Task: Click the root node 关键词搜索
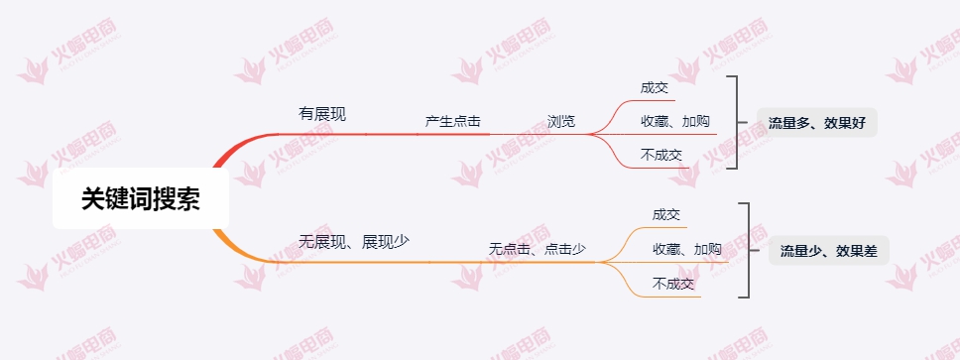pyautogui.click(x=141, y=198)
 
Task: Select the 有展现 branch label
pyautogui.click(x=322, y=114)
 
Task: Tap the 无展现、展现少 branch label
pyautogui.click(x=354, y=241)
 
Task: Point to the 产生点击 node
pyautogui.click(x=452, y=121)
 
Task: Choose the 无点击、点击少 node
pyautogui.click(x=537, y=249)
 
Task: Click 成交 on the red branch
pyautogui.click(x=655, y=87)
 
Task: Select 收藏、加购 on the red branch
pyautogui.click(x=674, y=121)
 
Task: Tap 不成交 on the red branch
pyautogui.click(x=661, y=154)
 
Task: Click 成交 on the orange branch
pyautogui.click(x=666, y=214)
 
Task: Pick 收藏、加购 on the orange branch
pyautogui.click(x=686, y=249)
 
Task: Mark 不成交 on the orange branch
pyautogui.click(x=673, y=283)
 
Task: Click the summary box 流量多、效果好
pyautogui.click(x=816, y=123)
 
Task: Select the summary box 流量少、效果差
pyautogui.click(x=828, y=251)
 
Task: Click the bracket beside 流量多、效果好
pyautogui.click(x=735, y=121)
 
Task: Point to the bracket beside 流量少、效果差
pyautogui.click(x=746, y=250)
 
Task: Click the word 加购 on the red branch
pyautogui.click(x=696, y=121)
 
